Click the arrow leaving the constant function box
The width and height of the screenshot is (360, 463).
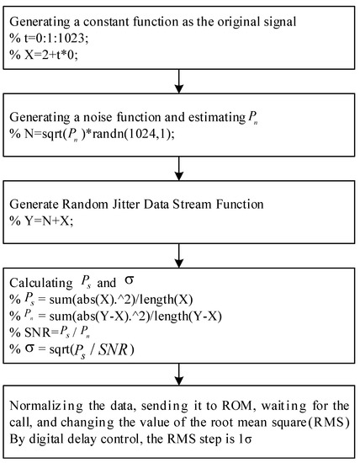tap(178, 81)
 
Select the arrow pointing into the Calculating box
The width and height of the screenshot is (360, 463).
tap(178, 254)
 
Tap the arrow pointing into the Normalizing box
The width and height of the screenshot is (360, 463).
tap(178, 376)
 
